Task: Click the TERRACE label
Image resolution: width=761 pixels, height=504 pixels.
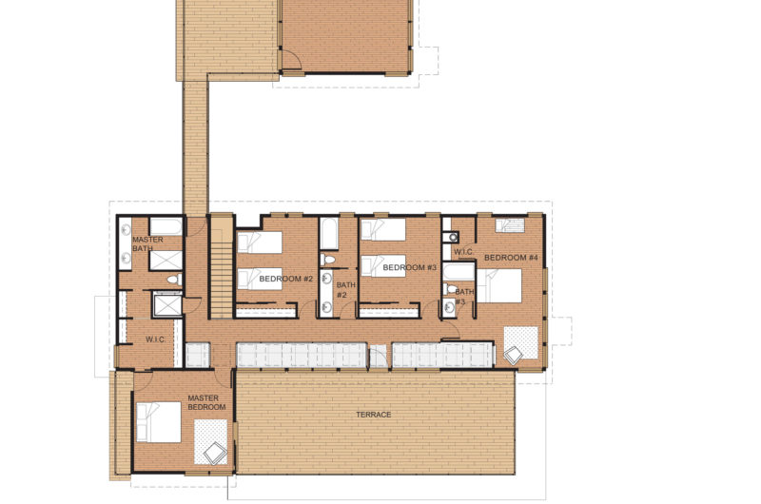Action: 373,415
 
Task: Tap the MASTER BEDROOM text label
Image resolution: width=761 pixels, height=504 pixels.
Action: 206,402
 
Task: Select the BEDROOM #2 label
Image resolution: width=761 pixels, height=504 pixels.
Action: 286,279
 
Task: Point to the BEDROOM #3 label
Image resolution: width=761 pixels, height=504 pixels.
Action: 410,267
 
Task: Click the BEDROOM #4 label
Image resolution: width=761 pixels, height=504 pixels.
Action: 511,258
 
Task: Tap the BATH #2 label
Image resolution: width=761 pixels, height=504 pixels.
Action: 345,290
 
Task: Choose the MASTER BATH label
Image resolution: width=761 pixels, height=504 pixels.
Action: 147,244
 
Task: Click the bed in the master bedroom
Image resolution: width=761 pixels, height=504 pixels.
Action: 158,422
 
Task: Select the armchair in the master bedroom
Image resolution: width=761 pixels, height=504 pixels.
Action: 215,453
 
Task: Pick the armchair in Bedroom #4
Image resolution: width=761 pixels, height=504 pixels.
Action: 514,356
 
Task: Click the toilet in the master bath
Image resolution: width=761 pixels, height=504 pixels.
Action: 174,280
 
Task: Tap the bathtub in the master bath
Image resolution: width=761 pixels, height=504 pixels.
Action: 166,226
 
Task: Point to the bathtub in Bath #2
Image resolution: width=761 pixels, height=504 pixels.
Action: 329,234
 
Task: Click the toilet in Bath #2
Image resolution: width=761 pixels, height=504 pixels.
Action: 328,260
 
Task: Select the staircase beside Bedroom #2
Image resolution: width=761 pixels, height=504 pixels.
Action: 222,268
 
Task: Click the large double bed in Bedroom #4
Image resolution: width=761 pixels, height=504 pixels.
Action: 499,286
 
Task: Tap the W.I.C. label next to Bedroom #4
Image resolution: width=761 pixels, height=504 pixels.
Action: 463,252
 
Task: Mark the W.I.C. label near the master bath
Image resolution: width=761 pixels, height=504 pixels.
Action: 155,339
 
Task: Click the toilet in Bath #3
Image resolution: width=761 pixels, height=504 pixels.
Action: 450,290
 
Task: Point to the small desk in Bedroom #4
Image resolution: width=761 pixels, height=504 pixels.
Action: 510,225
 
